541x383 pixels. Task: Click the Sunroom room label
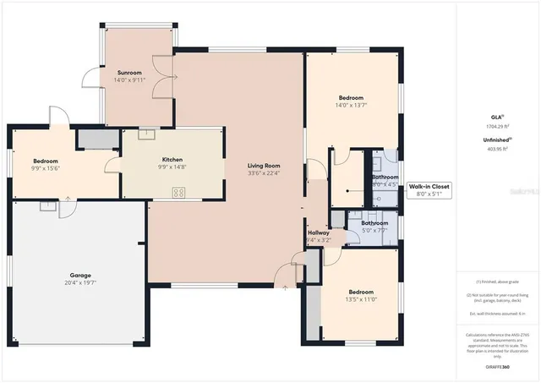(x=130, y=74)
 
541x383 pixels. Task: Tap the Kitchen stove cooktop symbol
(x=178, y=193)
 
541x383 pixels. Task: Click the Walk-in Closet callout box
(x=429, y=189)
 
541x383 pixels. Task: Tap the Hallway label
(x=319, y=233)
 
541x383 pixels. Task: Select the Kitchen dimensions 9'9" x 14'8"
(x=172, y=167)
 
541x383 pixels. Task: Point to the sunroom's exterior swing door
(x=88, y=77)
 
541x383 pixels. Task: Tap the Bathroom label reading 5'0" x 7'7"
(x=375, y=228)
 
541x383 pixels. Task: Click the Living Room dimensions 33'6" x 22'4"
(x=264, y=173)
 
